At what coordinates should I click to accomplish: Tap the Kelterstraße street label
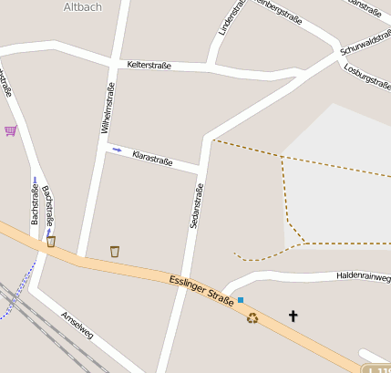click(x=150, y=66)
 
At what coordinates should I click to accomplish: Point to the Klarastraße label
click(x=152, y=159)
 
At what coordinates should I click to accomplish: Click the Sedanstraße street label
click(x=194, y=205)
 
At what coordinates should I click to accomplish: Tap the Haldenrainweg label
click(x=362, y=275)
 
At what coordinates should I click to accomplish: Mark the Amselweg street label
click(x=77, y=326)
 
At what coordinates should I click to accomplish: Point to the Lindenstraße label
click(x=232, y=16)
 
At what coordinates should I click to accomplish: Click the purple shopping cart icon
click(x=10, y=130)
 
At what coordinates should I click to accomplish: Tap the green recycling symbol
click(x=252, y=317)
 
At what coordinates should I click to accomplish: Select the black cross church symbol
click(x=293, y=316)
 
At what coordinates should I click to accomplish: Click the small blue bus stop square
click(x=241, y=299)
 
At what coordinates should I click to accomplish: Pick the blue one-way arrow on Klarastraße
click(x=117, y=150)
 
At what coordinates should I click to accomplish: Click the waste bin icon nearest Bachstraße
click(x=51, y=242)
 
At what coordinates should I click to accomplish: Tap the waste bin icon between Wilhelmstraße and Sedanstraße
click(x=115, y=251)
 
